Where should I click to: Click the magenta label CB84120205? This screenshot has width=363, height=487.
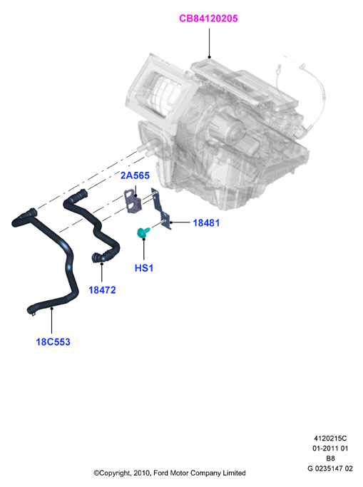(x=208, y=19)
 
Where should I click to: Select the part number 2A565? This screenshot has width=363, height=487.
(x=135, y=175)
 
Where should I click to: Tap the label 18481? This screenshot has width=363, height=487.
(x=206, y=222)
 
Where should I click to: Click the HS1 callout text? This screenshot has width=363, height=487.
(x=144, y=267)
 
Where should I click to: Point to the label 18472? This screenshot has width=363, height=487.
(x=102, y=289)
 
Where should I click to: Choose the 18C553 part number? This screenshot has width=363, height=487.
(x=53, y=342)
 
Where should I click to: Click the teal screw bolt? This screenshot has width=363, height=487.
(x=143, y=232)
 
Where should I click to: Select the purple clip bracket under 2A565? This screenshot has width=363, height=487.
(x=133, y=201)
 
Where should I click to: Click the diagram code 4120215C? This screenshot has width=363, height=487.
(x=330, y=439)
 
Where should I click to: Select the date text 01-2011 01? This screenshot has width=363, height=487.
(x=330, y=448)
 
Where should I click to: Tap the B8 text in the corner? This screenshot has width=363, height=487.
(x=330, y=458)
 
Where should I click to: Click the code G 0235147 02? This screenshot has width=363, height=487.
(x=330, y=468)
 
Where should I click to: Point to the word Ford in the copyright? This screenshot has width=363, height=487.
(x=160, y=473)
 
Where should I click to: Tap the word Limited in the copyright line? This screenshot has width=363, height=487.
(x=234, y=473)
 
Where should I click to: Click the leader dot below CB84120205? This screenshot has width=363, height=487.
(x=209, y=57)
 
